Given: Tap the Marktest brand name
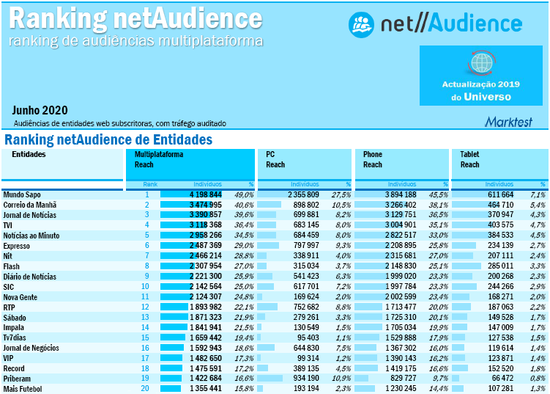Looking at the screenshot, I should click(x=508, y=121).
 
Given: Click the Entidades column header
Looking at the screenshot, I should click(x=29, y=155).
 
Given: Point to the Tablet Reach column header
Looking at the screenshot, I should click(x=470, y=159).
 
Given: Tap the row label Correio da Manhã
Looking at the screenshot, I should click(x=31, y=205).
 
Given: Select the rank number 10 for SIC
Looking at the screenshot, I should click(x=145, y=286).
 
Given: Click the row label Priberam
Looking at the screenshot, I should click(x=18, y=378).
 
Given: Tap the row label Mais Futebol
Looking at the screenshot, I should click(x=23, y=388).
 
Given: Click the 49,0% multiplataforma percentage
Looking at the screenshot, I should click(x=244, y=194).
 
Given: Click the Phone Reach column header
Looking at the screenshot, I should click(x=373, y=159).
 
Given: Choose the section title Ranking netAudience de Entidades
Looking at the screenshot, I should click(x=108, y=139).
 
